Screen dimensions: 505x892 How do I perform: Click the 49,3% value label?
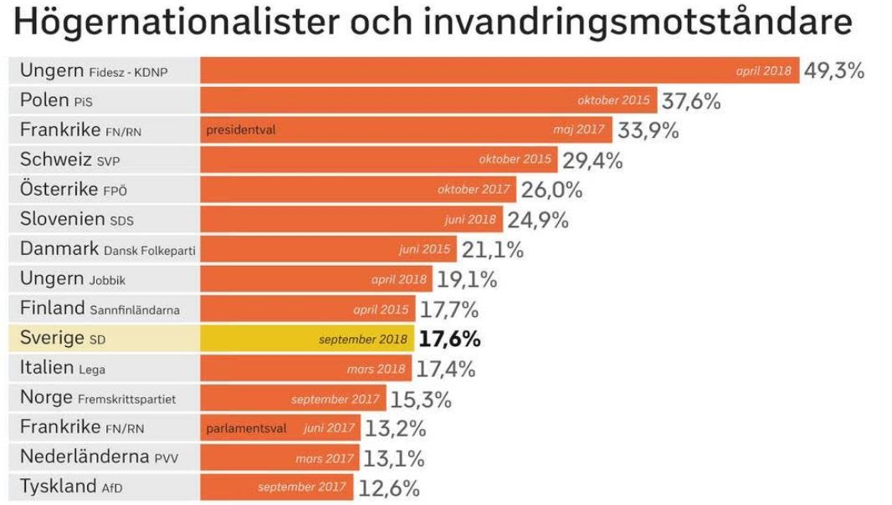[833, 70]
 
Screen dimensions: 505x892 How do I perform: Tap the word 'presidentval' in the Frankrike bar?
[241, 130]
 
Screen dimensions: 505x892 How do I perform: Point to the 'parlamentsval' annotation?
[246, 428]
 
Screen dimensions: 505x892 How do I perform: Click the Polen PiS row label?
[56, 100]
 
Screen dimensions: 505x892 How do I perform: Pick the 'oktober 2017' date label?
[474, 190]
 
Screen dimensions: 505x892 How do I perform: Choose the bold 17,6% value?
[449, 339]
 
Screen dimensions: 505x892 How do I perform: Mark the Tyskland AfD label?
[71, 487]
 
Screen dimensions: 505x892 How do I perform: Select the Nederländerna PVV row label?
[99, 457]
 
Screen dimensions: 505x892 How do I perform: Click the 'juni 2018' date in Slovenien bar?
[472, 220]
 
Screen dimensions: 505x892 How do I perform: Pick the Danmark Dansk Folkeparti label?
[107, 249]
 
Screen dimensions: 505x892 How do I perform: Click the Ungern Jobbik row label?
[73, 279]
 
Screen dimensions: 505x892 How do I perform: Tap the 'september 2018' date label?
[363, 339]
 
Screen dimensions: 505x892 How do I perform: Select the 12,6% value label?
[389, 487]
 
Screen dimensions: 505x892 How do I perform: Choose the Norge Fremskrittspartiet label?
[98, 398]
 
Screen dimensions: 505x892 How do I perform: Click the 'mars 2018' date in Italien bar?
[376, 369]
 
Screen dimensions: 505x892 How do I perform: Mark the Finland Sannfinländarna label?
[100, 309]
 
